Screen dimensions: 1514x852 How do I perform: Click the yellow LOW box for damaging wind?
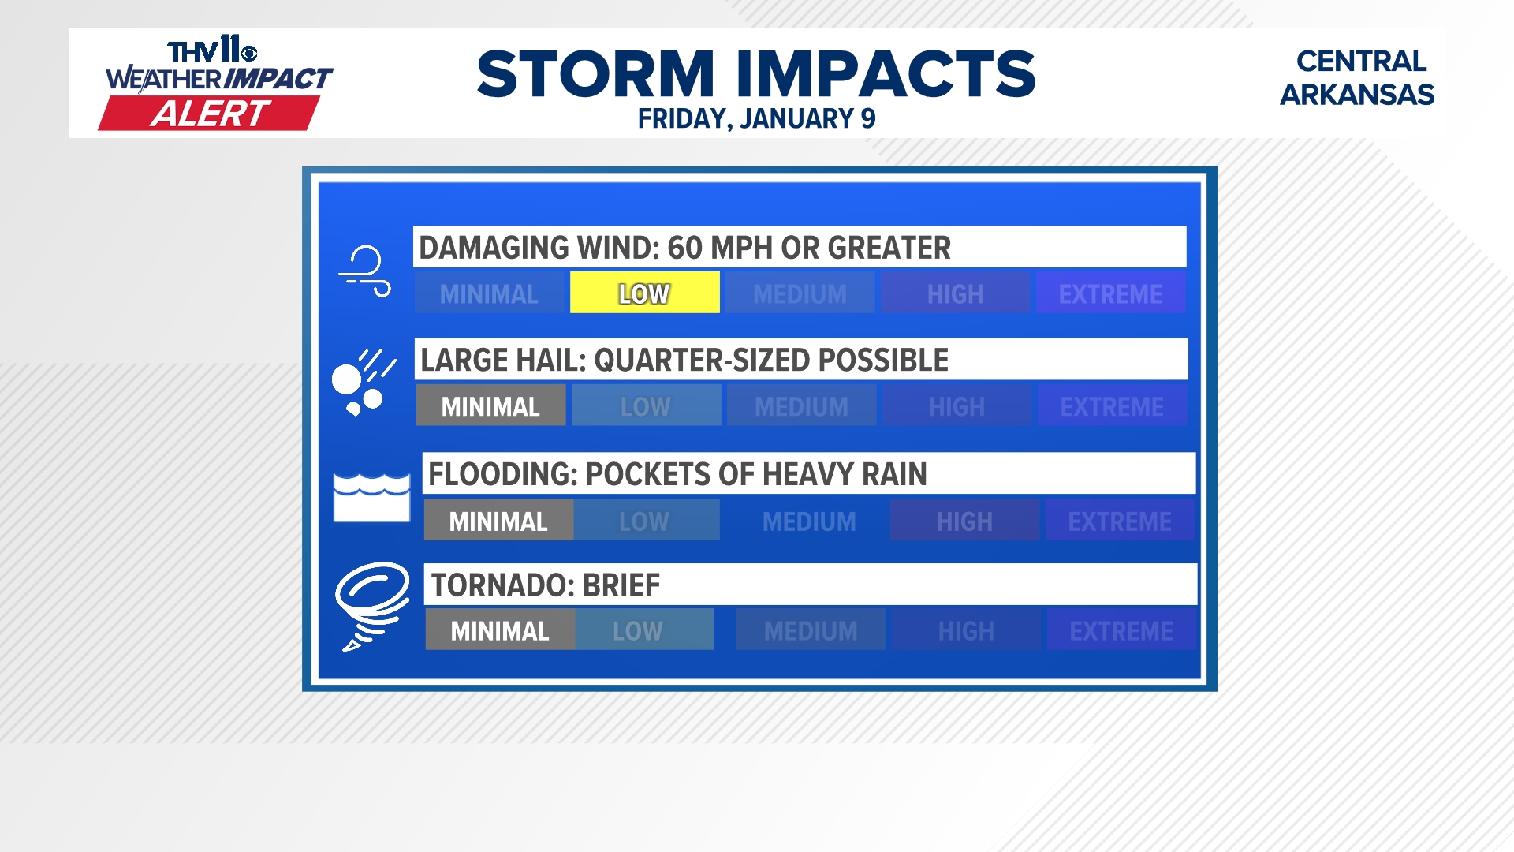[x=644, y=293]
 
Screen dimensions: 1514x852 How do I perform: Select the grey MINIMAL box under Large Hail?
[x=490, y=405]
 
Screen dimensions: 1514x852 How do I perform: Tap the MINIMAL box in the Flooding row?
[x=498, y=521]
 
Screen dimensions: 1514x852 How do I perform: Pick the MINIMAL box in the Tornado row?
[x=500, y=630]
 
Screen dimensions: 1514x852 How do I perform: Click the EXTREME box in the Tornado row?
[x=1121, y=630]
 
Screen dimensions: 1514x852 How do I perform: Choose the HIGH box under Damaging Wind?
[x=955, y=293]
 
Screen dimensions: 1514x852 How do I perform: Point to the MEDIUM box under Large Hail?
[x=801, y=405]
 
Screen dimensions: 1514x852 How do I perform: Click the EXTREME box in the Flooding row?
[x=1120, y=521]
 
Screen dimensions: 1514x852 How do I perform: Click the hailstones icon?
[x=364, y=383]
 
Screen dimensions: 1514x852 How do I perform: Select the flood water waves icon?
[x=371, y=498]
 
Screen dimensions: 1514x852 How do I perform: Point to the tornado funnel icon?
[x=371, y=605]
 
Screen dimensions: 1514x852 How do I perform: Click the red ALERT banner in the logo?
[x=210, y=114]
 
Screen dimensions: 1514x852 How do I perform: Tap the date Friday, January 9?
[x=756, y=118]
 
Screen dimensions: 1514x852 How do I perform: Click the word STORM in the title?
[x=596, y=74]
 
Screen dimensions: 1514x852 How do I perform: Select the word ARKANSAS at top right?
[x=1356, y=95]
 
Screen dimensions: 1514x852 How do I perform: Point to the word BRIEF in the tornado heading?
[x=621, y=585]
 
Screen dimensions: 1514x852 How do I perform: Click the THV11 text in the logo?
[x=212, y=50]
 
